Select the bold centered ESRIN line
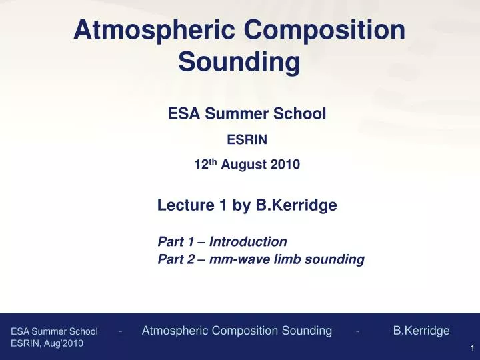point(247,140)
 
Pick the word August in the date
point(243,165)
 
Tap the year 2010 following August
point(285,165)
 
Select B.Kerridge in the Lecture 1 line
point(296,206)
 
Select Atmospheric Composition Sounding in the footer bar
point(237,331)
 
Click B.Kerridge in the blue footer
point(421,331)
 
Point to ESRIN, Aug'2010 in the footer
point(47,343)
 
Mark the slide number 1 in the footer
point(471,349)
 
